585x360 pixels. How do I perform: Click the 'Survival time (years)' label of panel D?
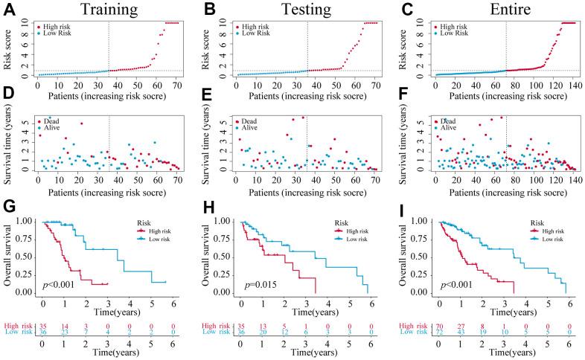(x=8, y=144)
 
